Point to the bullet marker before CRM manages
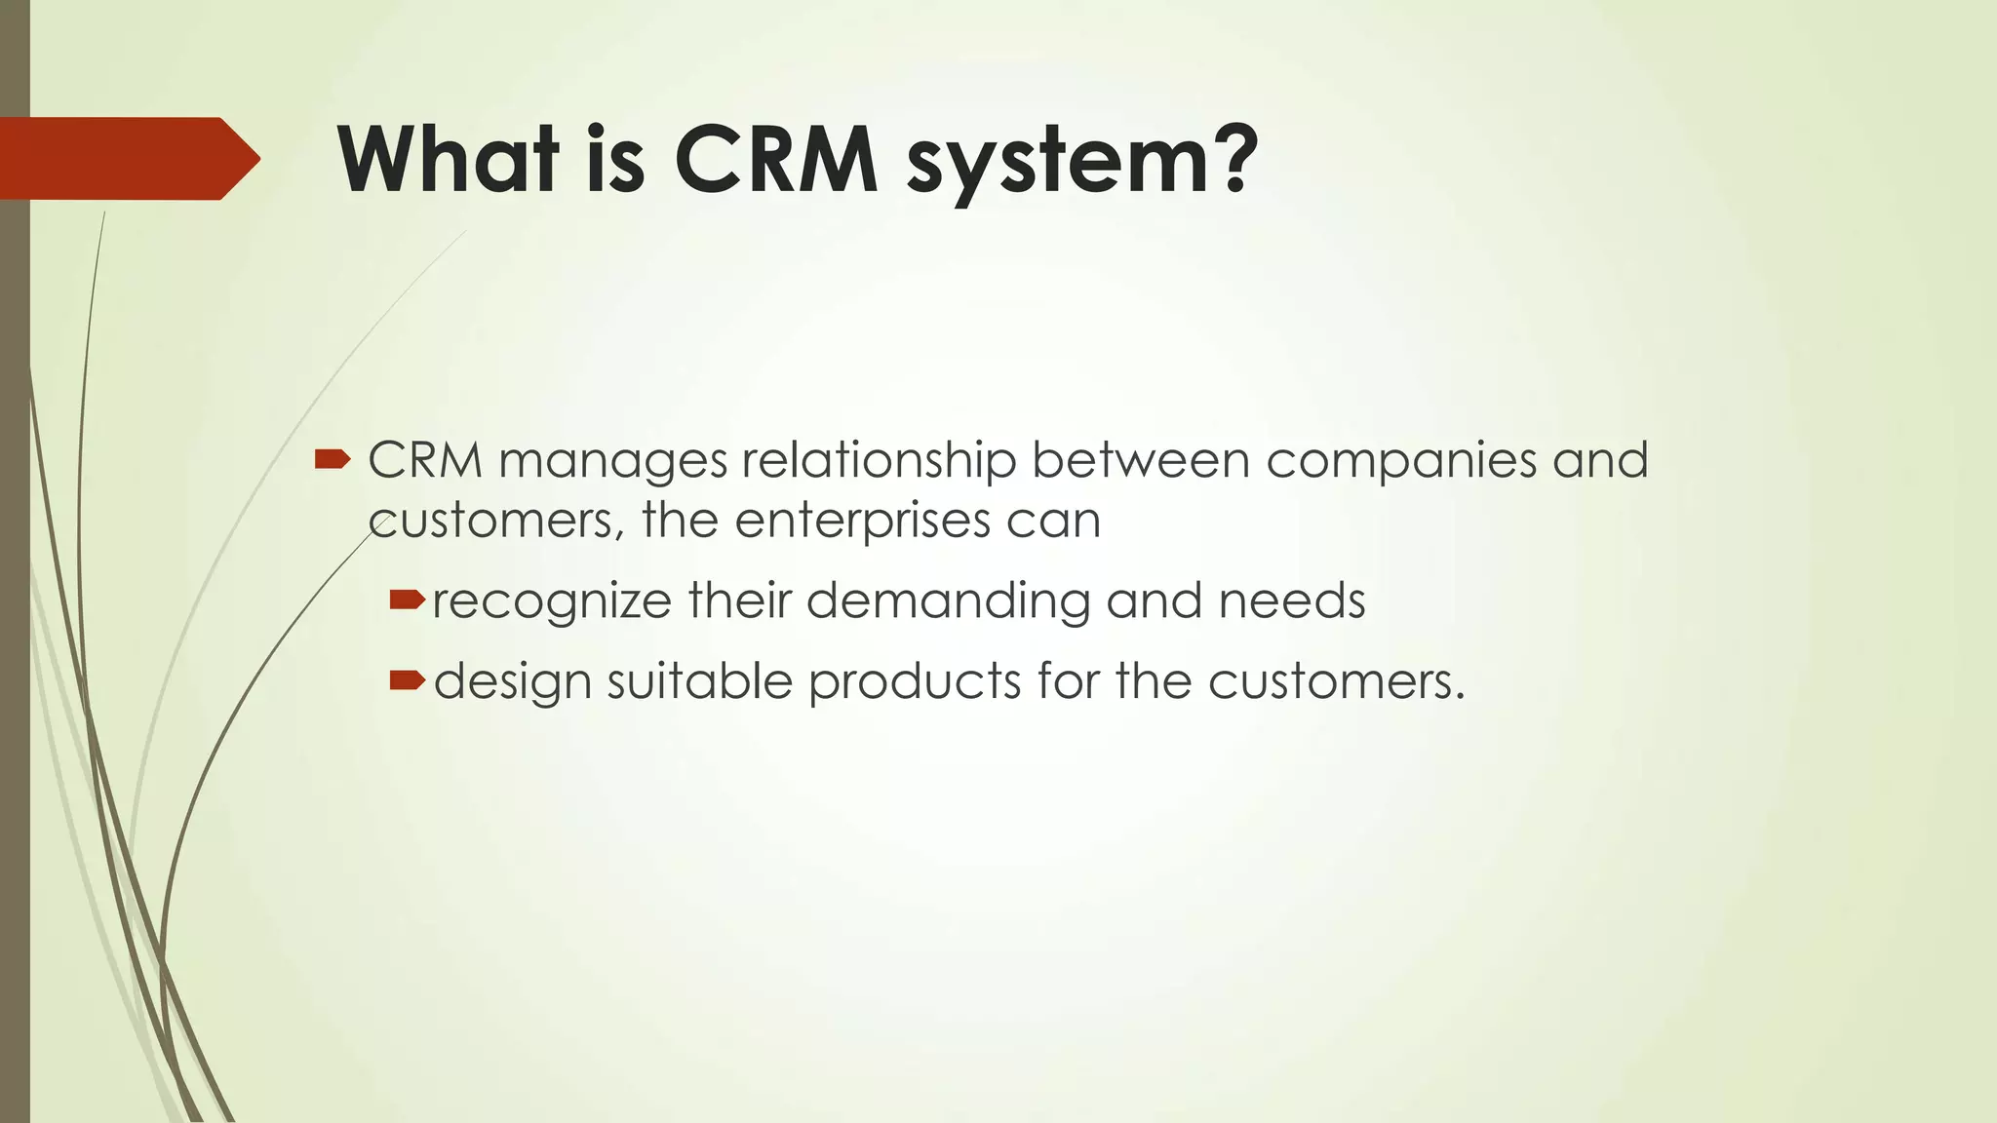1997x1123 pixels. (332, 459)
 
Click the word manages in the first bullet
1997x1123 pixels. (612, 461)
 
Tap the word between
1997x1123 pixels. (1140, 459)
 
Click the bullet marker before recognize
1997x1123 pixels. (407, 600)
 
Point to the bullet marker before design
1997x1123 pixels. (407, 679)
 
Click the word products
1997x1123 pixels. (914, 681)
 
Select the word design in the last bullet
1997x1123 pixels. (512, 681)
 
